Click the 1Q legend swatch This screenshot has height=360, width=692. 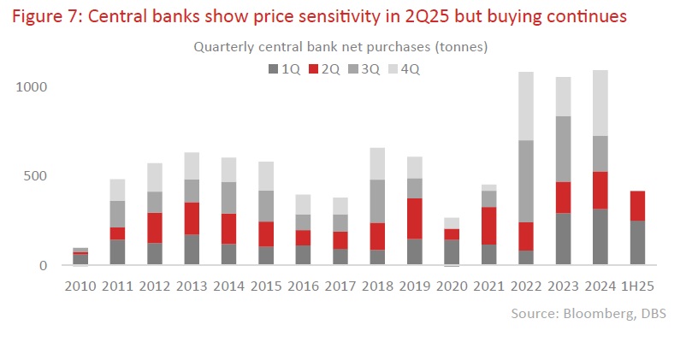click(x=273, y=68)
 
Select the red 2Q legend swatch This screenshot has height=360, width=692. click(x=314, y=68)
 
